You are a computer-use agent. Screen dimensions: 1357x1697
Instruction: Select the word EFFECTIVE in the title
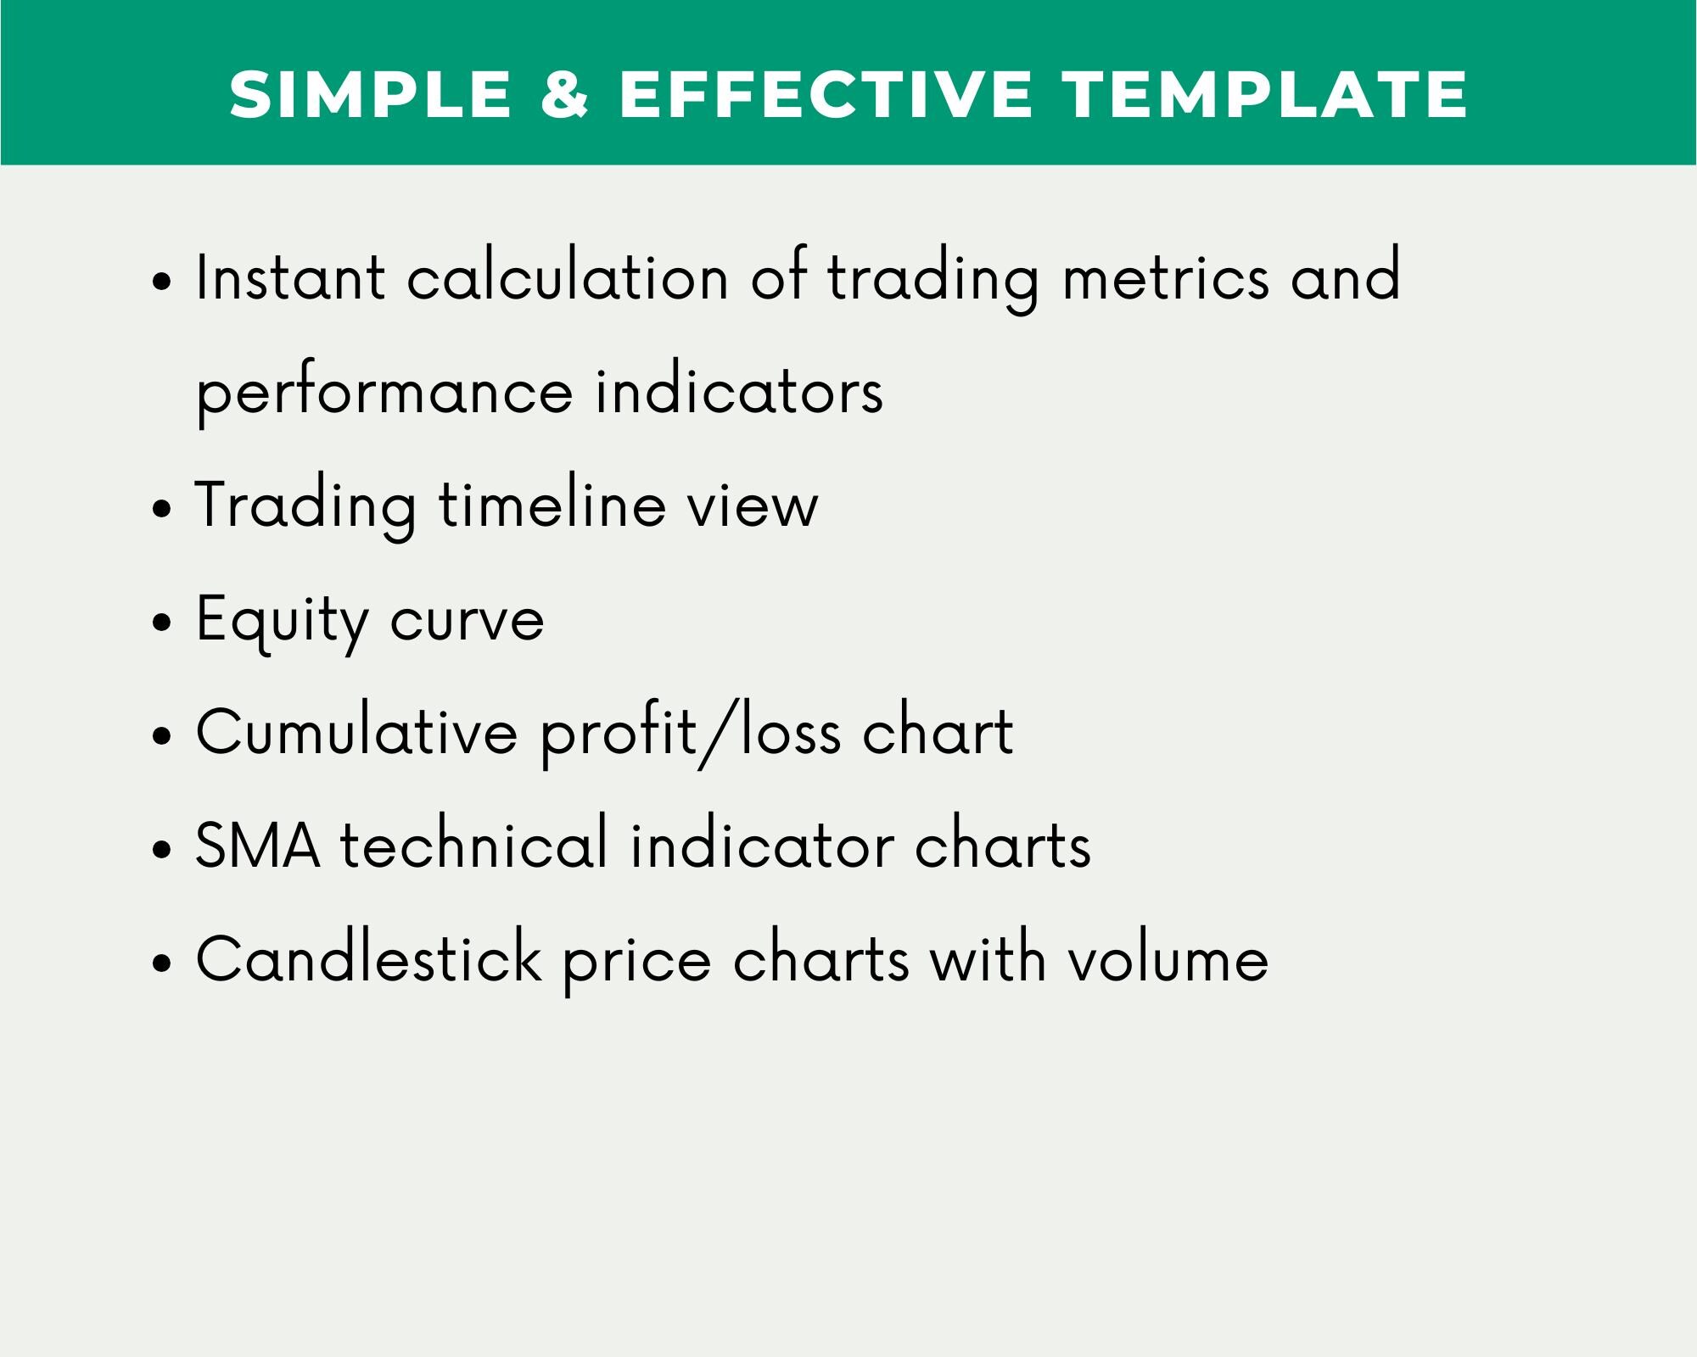click(x=826, y=93)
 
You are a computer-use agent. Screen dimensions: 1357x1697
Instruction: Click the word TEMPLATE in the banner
click(x=1267, y=93)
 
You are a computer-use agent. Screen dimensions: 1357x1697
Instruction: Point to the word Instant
click(x=290, y=278)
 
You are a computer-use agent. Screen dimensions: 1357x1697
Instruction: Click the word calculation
click(x=568, y=278)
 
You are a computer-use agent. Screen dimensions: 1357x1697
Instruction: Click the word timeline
click(x=552, y=505)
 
